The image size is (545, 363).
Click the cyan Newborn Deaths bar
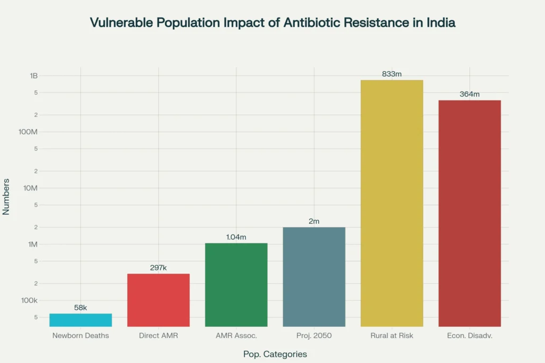(80, 320)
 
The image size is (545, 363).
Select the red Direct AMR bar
(158, 300)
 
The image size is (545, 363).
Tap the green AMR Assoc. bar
(236, 284)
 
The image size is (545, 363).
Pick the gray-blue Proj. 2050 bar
(314, 276)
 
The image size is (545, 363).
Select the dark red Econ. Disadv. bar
(469, 213)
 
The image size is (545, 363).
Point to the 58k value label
(80, 308)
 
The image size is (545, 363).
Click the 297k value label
(158, 268)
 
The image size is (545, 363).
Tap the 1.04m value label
(236, 237)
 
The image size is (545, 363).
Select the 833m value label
(392, 74)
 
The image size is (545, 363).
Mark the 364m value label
(469, 94)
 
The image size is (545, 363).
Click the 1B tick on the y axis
(34, 75)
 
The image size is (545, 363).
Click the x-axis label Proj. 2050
(314, 335)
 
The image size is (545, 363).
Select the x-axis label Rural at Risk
(392, 335)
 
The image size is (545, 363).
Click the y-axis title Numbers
(6, 196)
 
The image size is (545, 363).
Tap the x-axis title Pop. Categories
(275, 354)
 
